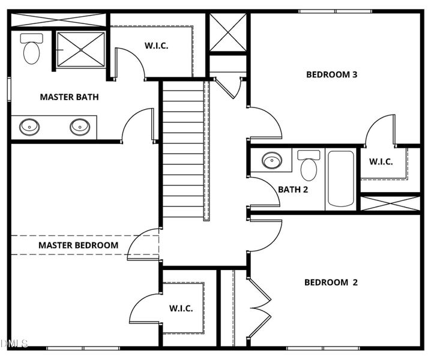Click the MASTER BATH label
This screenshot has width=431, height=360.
coord(69,97)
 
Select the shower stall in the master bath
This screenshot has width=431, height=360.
coord(80,50)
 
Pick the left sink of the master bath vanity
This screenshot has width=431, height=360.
coord(29,127)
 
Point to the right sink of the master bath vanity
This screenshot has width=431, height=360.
coord(79,127)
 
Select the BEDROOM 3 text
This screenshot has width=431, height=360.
coord(332,75)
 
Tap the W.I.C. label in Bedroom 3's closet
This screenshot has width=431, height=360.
coord(381,161)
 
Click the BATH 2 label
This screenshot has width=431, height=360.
coord(293,190)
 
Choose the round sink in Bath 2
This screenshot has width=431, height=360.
coord(271,161)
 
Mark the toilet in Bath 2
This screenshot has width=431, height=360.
coord(309,166)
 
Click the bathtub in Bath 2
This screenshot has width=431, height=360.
coord(340,179)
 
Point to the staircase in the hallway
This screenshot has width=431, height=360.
coord(183,150)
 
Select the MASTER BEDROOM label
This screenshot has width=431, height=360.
coord(78,245)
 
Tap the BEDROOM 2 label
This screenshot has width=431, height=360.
coord(331,283)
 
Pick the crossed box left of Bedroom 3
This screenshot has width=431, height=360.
coord(228,33)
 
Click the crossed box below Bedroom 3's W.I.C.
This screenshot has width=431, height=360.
coord(390,203)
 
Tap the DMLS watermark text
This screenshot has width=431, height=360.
coord(14,344)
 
